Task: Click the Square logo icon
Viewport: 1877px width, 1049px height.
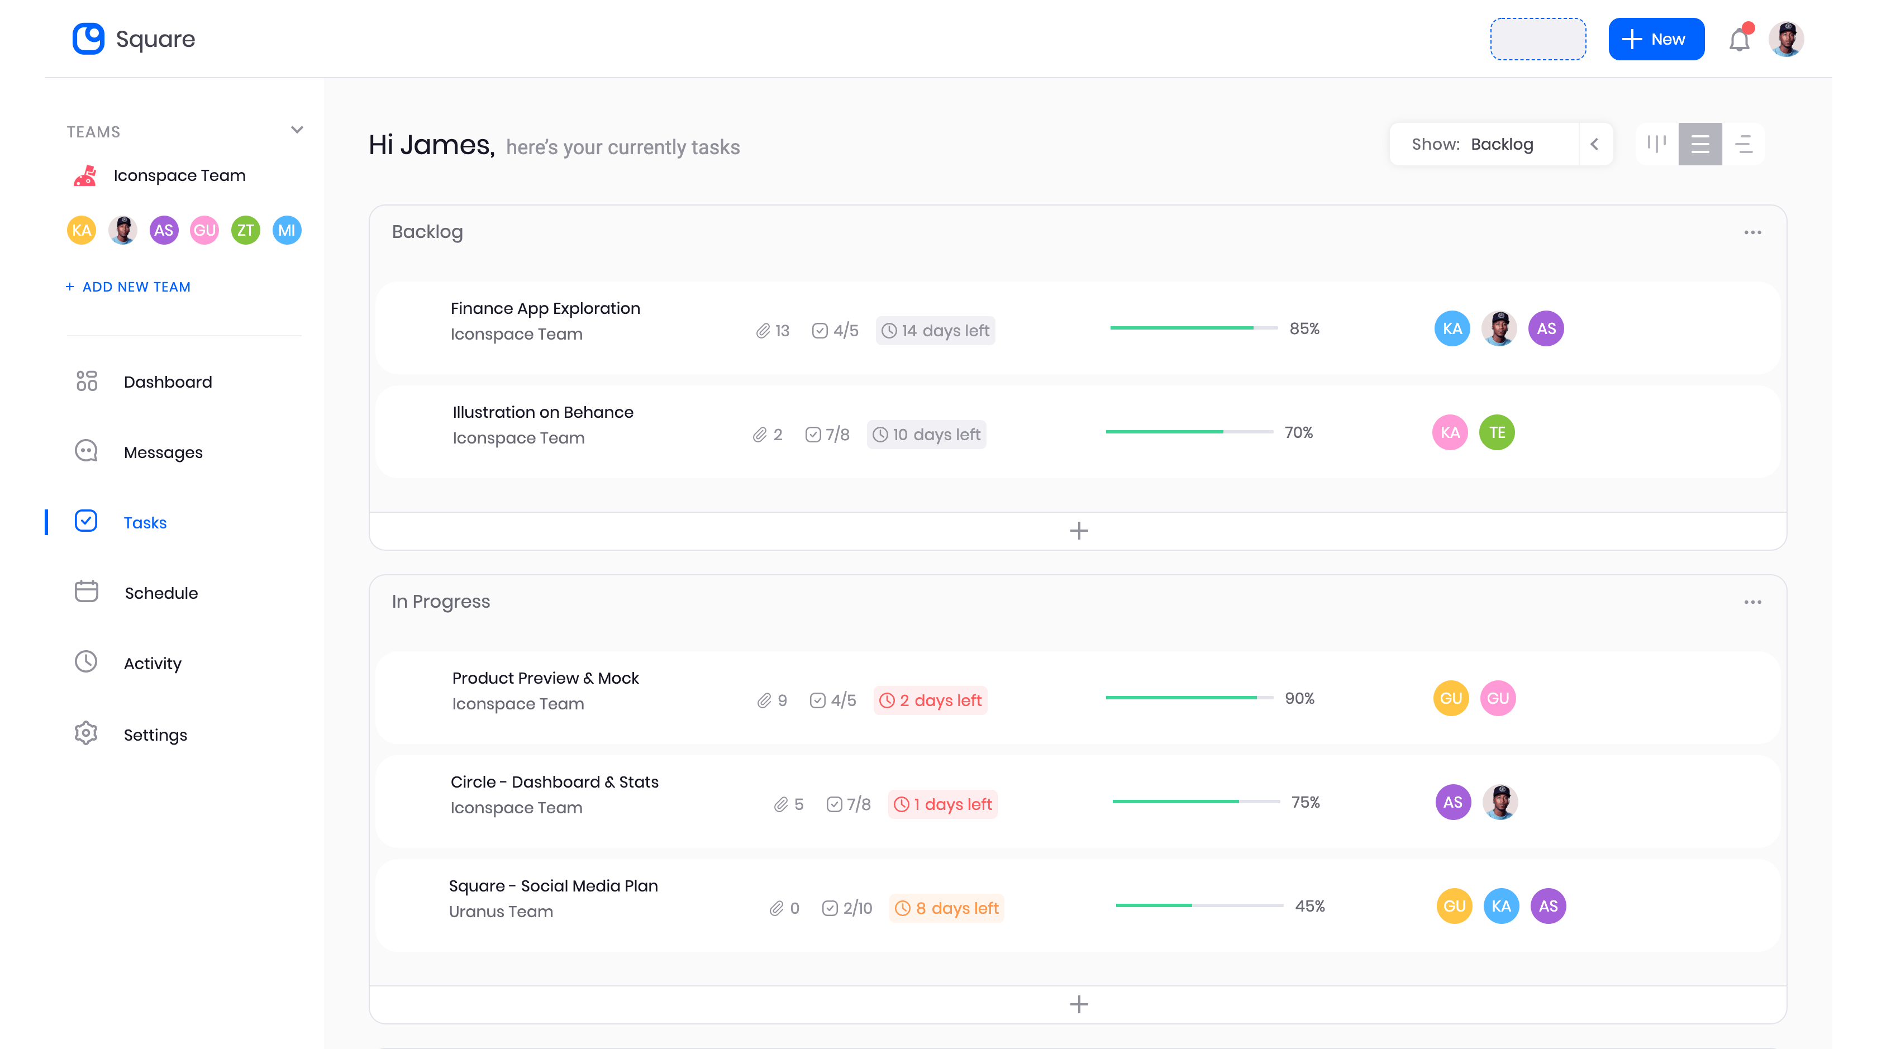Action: click(x=88, y=39)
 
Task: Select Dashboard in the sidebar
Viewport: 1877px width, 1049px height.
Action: click(x=168, y=382)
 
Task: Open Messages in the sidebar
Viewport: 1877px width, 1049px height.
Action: click(x=163, y=452)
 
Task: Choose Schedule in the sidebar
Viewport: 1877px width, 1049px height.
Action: click(x=160, y=593)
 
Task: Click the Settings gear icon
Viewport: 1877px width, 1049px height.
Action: click(x=86, y=733)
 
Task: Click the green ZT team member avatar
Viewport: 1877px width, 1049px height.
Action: click(x=246, y=230)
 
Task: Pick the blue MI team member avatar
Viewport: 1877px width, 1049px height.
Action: click(x=287, y=230)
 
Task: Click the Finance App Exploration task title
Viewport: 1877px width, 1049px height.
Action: click(x=545, y=308)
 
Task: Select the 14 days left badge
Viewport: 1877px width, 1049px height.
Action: click(x=936, y=331)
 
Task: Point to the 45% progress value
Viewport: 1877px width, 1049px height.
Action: click(x=1309, y=906)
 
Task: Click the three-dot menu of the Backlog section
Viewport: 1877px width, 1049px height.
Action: click(x=1752, y=232)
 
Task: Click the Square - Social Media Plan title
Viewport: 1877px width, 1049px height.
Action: click(x=553, y=886)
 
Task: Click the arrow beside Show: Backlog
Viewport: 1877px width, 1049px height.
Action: click(x=1595, y=144)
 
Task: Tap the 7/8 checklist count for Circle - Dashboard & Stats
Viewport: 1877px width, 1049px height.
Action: click(x=850, y=804)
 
